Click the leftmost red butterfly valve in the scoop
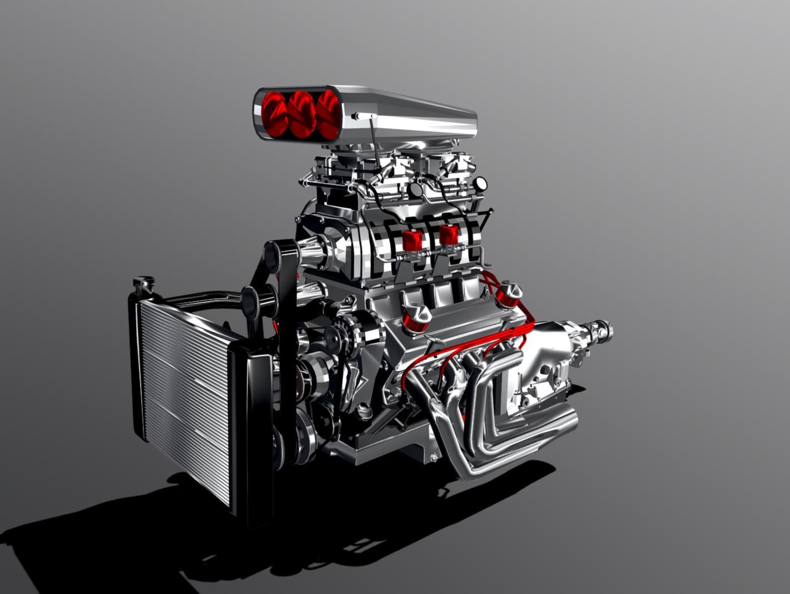click(275, 114)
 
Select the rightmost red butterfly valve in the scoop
click(327, 114)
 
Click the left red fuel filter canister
click(413, 240)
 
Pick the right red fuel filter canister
click(449, 235)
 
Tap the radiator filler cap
click(143, 283)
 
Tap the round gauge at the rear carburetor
click(480, 183)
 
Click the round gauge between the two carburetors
click(415, 189)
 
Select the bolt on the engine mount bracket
click(434, 457)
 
